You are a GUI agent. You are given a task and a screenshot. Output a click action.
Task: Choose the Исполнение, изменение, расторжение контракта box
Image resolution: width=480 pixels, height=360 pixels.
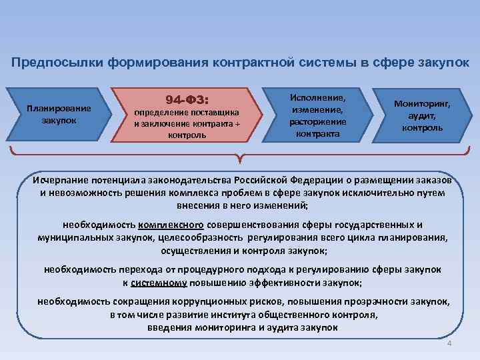pos(317,115)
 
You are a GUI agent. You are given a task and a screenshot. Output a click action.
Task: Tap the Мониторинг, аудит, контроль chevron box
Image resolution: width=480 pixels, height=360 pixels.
pos(421,115)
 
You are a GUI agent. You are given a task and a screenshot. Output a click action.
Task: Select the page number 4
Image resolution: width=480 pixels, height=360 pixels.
pos(449,343)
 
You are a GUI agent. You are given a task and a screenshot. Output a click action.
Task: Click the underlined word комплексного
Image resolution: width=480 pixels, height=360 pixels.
pos(172,225)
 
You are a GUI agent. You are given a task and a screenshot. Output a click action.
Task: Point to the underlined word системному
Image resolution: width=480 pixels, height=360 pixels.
pos(159,282)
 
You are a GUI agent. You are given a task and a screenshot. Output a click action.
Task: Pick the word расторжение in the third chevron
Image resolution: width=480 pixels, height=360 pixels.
pos(317,121)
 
